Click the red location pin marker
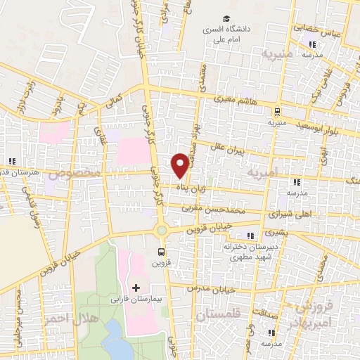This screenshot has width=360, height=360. pos(180,165)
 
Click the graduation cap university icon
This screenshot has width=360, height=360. pos(226,19)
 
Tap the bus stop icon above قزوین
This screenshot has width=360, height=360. pos(162,251)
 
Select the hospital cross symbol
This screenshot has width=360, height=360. pos(136,288)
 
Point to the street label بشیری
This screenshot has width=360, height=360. pos(276,231)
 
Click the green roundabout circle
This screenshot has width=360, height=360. pos(162,230)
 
